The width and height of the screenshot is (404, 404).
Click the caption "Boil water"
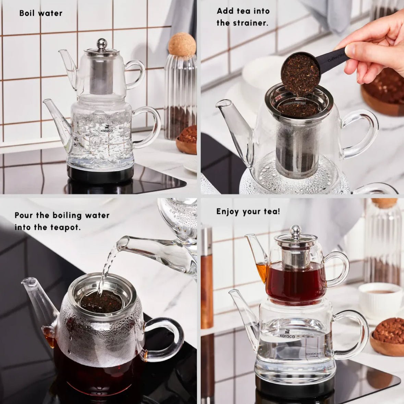point(41,13)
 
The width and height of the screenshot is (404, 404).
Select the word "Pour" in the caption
point(24,215)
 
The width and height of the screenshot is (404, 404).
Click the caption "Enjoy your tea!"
point(248,211)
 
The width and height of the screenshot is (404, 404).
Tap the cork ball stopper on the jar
point(182,45)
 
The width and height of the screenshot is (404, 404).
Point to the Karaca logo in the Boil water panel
point(107,128)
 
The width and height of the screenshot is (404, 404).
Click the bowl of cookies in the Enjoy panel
point(387,338)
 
